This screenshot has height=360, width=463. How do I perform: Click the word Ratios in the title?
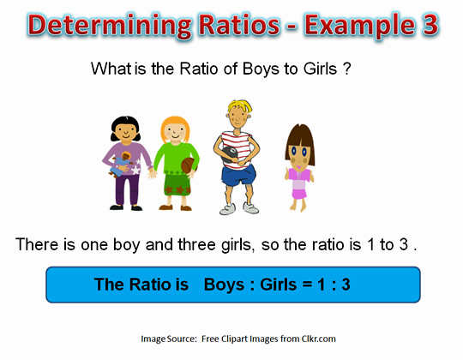(x=239, y=25)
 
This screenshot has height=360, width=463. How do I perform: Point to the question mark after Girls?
(x=347, y=69)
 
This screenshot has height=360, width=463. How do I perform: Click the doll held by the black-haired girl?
(x=122, y=165)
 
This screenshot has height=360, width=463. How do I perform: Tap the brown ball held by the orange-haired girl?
(x=187, y=165)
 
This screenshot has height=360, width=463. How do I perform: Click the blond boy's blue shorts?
(x=238, y=175)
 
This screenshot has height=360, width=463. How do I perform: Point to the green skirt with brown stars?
(x=177, y=185)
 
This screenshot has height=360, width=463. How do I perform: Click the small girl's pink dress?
(x=299, y=183)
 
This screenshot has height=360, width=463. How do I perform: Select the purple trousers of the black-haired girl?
(x=127, y=189)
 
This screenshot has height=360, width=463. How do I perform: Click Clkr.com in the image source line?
(x=319, y=339)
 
